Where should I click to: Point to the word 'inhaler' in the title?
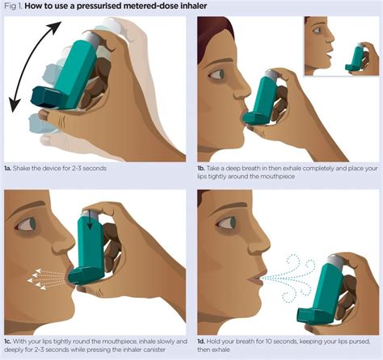coord(186,7)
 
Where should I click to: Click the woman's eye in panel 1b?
coord(216,74)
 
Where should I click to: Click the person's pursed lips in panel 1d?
coord(253,278)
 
